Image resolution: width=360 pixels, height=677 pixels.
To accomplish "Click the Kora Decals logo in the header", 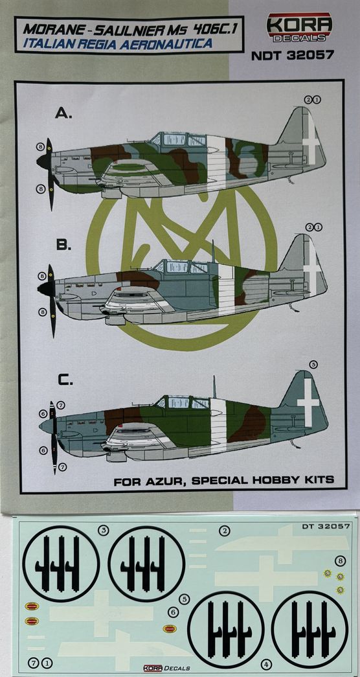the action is pos(300,27).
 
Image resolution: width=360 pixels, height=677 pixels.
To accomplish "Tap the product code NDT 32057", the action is pos(292,54).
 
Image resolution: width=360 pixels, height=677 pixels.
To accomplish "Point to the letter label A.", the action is pos(63,113).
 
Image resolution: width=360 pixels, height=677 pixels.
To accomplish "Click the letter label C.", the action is pos(65,381).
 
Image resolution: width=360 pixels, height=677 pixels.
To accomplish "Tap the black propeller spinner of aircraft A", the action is pos(43,162).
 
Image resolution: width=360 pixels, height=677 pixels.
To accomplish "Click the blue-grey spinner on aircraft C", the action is pos(46,426).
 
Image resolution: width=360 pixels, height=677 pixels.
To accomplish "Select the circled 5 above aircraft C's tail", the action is pos(314,365).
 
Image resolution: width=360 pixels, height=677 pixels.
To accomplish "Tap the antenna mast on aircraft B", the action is pos(212,251).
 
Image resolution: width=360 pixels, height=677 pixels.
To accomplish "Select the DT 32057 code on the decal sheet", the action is pos(326,525).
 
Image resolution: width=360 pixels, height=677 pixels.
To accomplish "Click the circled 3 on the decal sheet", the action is pos(103,530).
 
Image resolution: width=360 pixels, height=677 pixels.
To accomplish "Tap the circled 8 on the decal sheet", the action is pos(341,561).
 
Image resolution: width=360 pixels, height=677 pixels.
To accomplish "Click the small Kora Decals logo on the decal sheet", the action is pos(166,668).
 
